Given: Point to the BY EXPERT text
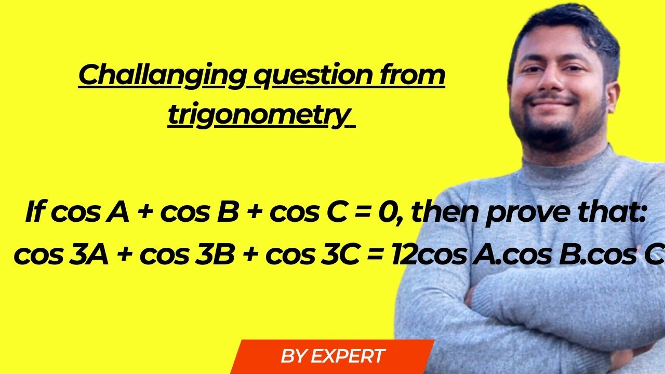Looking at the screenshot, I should (x=332, y=356).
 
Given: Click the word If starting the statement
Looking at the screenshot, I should (x=35, y=213).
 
